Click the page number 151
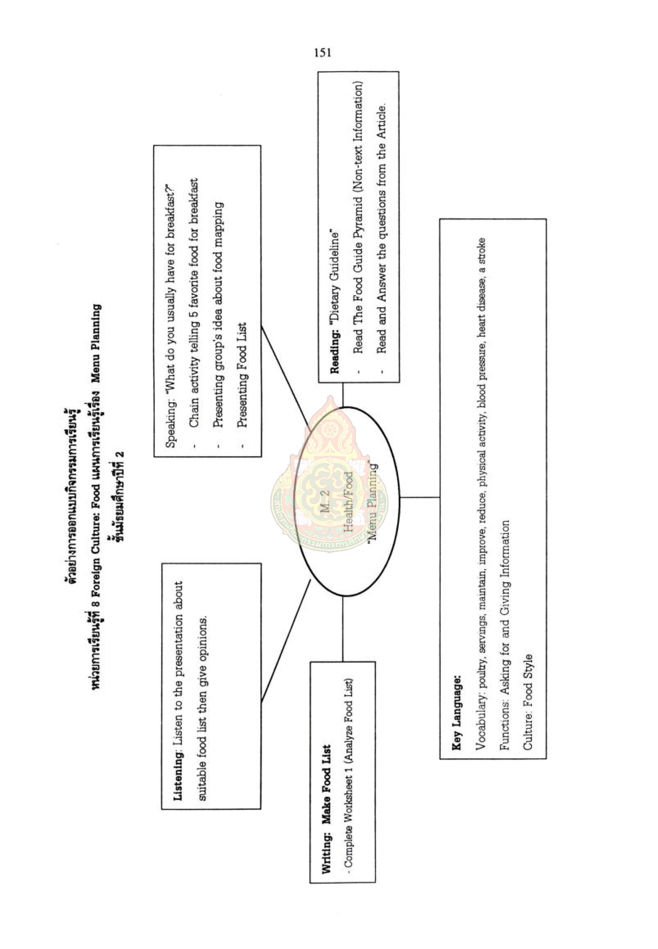coord(322,53)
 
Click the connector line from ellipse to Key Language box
coord(420,497)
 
